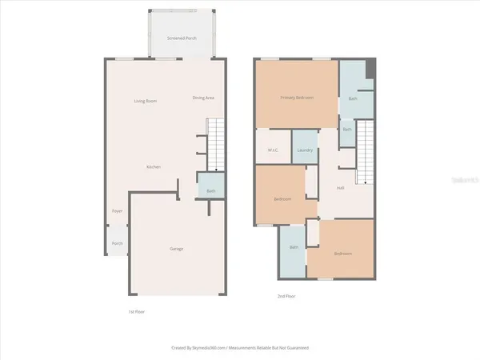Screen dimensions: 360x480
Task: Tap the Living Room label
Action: (145, 100)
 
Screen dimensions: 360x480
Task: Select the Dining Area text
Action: (203, 98)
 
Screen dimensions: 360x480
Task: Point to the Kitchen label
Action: (154, 166)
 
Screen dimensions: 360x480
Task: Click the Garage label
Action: (176, 249)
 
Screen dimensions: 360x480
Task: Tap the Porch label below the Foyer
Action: (117, 243)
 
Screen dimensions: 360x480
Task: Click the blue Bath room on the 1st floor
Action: (211, 190)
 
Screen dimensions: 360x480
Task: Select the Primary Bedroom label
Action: (296, 98)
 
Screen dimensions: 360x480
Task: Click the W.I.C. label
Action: (272, 151)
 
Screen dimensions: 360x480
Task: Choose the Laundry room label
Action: (303, 151)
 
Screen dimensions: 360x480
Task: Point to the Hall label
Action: (340, 188)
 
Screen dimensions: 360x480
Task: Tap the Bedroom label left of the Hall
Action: (282, 198)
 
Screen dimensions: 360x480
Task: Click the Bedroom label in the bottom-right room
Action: (342, 253)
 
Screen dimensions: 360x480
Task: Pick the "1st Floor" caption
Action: (137, 310)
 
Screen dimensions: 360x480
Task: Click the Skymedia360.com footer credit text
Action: (240, 348)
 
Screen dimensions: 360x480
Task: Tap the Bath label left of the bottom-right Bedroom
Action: (293, 248)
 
